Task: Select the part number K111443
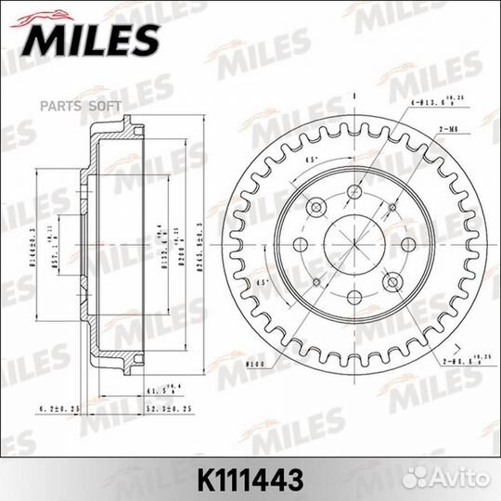coord(250,480)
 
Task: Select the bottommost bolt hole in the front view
coord(353,298)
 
